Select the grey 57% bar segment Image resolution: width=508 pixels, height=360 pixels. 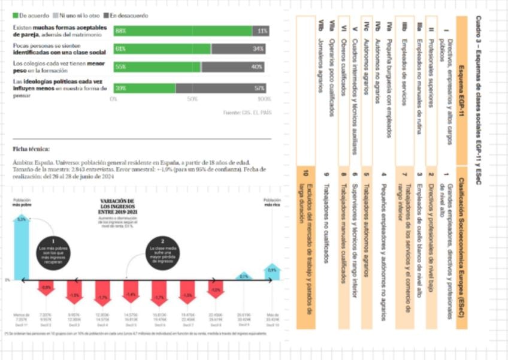click(222, 88)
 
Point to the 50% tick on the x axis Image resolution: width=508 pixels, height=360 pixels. click(192, 99)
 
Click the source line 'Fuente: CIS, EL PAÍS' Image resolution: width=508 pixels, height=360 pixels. click(246, 112)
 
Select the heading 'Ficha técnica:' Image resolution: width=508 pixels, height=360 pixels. click(31, 149)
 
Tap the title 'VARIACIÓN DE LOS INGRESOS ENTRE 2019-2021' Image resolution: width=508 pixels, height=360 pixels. click(117, 207)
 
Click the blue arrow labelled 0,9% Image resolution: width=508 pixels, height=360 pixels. click(272, 271)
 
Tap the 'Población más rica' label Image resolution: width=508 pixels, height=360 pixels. click(272, 202)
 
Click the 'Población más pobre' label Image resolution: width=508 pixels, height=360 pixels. click(22, 202)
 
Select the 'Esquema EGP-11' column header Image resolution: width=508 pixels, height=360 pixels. click(461, 90)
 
